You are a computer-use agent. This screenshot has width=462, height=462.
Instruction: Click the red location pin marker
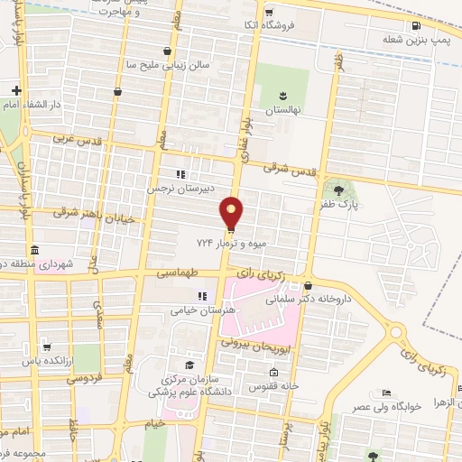[x=232, y=213]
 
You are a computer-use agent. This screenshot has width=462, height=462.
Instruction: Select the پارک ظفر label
[x=333, y=205]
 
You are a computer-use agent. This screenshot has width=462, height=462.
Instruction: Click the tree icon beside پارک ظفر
[x=338, y=189]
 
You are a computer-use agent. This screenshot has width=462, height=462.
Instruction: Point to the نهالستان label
[x=282, y=108]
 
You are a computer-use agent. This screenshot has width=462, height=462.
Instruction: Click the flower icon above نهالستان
[x=282, y=94]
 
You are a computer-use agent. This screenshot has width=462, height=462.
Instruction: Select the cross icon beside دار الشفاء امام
[x=16, y=90]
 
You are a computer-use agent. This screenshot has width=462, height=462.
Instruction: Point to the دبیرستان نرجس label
[x=183, y=189]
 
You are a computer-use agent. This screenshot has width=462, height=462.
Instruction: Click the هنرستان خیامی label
[x=203, y=309]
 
